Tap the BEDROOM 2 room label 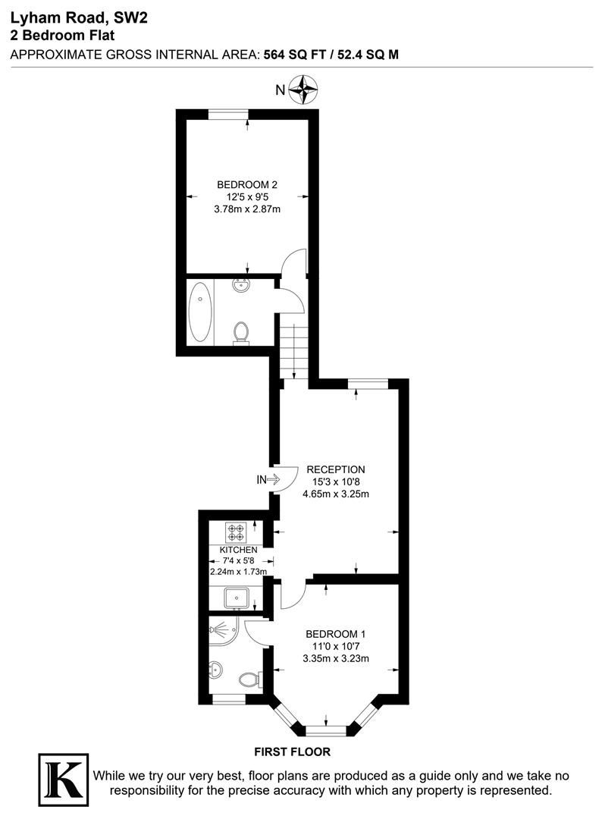[248, 185]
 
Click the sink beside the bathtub [241, 286]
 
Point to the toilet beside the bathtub [241, 332]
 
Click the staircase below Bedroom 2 [294, 348]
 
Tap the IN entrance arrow [268, 479]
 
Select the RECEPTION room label [336, 469]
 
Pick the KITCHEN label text [238, 550]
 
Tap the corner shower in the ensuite [224, 629]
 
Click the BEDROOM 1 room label [336, 634]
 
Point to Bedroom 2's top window [229, 114]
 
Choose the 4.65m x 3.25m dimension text [336, 494]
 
